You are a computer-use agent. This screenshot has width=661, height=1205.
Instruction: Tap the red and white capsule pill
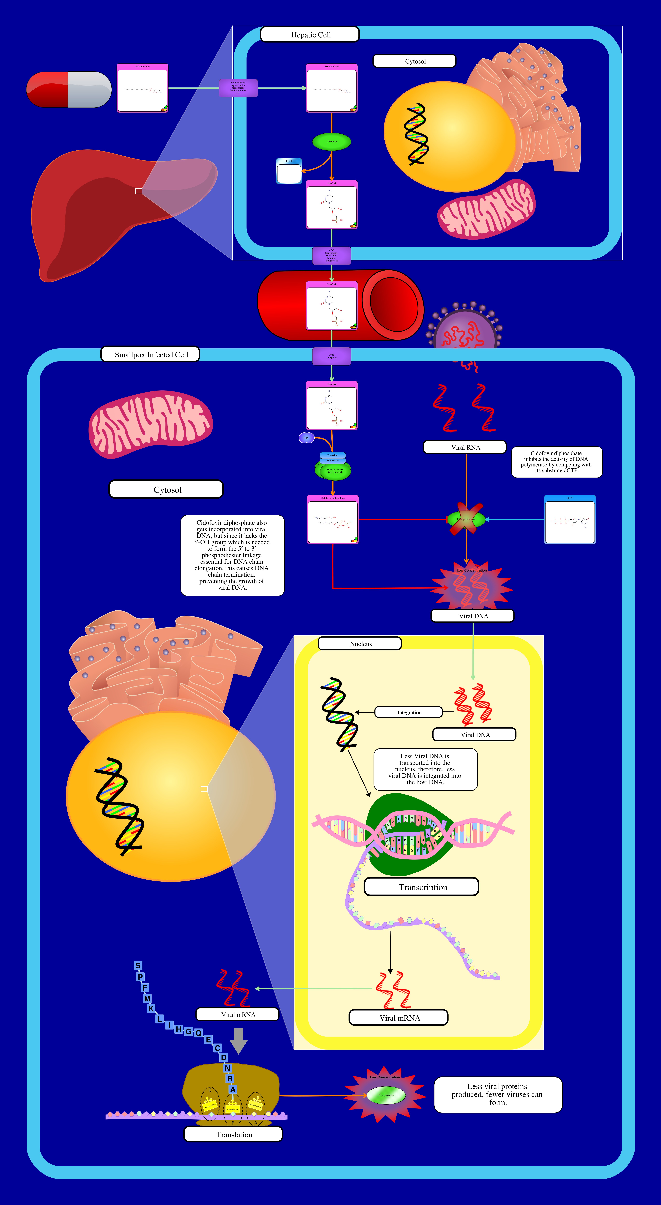click(69, 89)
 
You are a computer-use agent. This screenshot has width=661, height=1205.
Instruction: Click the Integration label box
click(409, 712)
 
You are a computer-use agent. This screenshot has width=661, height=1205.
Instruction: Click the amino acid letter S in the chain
click(138, 966)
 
